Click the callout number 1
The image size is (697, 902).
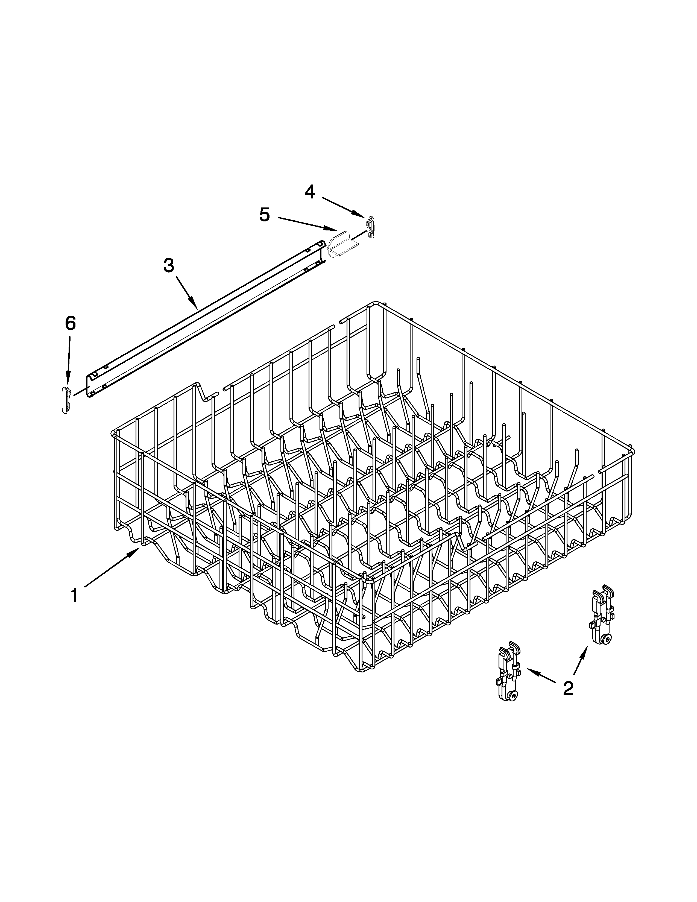point(74,596)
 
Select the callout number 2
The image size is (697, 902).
point(568,688)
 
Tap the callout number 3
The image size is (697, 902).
point(168,266)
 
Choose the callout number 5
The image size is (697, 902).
point(264,215)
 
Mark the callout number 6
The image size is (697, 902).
point(71,323)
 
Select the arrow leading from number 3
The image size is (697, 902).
point(186,292)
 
